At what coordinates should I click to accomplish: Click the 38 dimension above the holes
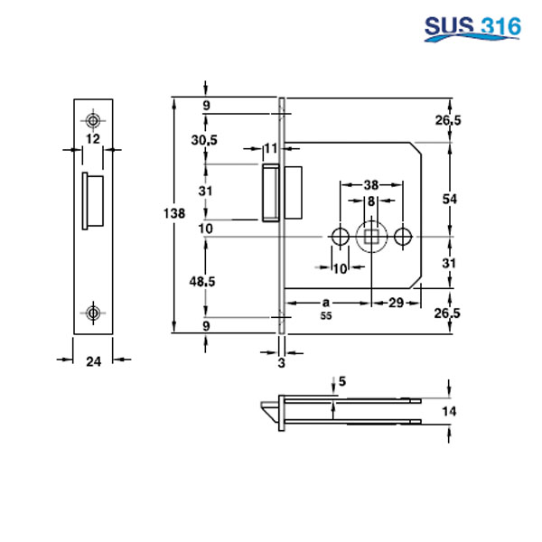pos(370,182)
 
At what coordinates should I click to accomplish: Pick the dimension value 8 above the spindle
pos(370,200)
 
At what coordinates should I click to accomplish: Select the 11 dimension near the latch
pos(271,148)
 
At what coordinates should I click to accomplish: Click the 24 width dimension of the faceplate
pos(93,361)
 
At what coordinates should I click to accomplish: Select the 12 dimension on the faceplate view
pos(93,138)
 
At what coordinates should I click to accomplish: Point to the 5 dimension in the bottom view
pos(341,381)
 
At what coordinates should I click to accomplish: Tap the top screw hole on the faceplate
pos(93,119)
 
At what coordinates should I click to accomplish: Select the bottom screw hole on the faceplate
pos(93,313)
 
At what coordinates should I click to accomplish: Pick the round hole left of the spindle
pos(339,236)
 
